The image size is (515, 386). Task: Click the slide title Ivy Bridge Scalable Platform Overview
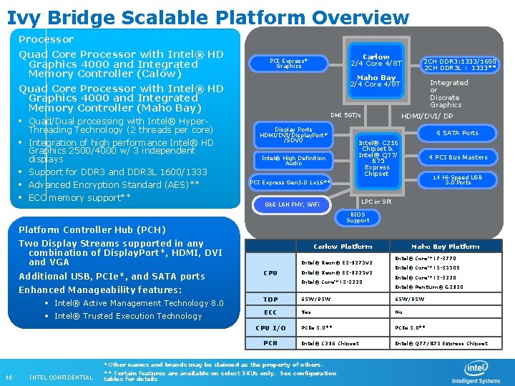pyautogui.click(x=207, y=16)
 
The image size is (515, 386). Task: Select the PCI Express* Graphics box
pyautogui.click(x=289, y=64)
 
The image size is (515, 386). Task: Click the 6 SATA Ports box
pyautogui.click(x=458, y=133)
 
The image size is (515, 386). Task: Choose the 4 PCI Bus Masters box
pyautogui.click(x=458, y=157)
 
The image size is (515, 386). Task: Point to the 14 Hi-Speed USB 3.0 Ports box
pyautogui.click(x=458, y=179)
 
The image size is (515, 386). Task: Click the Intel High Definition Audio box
pyautogui.click(x=293, y=160)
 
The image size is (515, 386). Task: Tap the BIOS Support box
pyautogui.click(x=358, y=217)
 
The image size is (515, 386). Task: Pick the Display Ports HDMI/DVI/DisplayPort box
pyautogui.click(x=293, y=134)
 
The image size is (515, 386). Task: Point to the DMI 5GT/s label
pyautogui.click(x=346, y=115)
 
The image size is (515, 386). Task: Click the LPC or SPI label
pyautogui.click(x=376, y=202)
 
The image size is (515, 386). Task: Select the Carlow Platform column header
pyautogui.click(x=343, y=247)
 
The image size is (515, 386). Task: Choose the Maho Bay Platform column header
pyautogui.click(x=445, y=247)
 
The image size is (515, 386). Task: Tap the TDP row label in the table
pyautogui.click(x=270, y=300)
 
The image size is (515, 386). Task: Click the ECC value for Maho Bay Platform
pyautogui.click(x=399, y=312)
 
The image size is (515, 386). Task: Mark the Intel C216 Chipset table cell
pyautogui.click(x=330, y=343)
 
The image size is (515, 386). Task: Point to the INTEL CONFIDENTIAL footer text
pyautogui.click(x=61, y=377)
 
